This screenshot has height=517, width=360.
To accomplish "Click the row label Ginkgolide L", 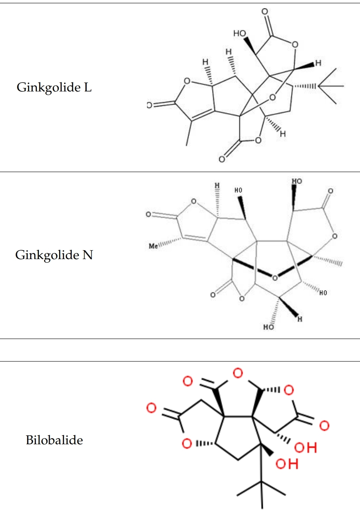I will pyautogui.click(x=54, y=87).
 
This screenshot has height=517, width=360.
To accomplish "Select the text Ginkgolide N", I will pyautogui.click(x=54, y=255).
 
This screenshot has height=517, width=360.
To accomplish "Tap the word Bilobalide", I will pyautogui.click(x=54, y=440).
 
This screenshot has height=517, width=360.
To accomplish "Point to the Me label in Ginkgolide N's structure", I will pyautogui.click(x=154, y=246).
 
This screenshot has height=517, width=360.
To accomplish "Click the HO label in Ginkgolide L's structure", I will pyautogui.click(x=239, y=33).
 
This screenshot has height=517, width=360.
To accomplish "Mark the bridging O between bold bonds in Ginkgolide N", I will pyautogui.click(x=275, y=277).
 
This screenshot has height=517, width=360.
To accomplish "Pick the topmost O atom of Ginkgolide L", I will pyautogui.click(x=265, y=12).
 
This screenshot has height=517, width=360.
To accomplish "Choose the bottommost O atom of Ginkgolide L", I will pyautogui.click(x=222, y=159).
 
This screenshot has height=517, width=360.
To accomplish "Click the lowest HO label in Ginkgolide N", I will pyautogui.click(x=269, y=327).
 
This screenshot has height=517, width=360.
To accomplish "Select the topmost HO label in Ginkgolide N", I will pyautogui.click(x=297, y=181).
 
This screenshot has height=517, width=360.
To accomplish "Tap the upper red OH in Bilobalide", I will pyautogui.click(x=306, y=448).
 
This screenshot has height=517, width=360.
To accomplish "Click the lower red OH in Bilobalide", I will pyautogui.click(x=287, y=464).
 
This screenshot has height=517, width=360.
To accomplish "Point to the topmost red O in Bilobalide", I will pyautogui.click(x=238, y=373).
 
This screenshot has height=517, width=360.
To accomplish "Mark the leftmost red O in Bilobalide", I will pyautogui.click(x=151, y=408).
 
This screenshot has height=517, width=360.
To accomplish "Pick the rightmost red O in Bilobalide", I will pyautogui.click(x=324, y=426).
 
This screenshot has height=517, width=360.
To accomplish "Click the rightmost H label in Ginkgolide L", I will pyautogui.click(x=318, y=63).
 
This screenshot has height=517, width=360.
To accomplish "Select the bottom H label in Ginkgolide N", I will pyautogui.click(x=300, y=319).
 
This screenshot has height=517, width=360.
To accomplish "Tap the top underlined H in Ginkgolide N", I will pyautogui.click(x=217, y=185).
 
